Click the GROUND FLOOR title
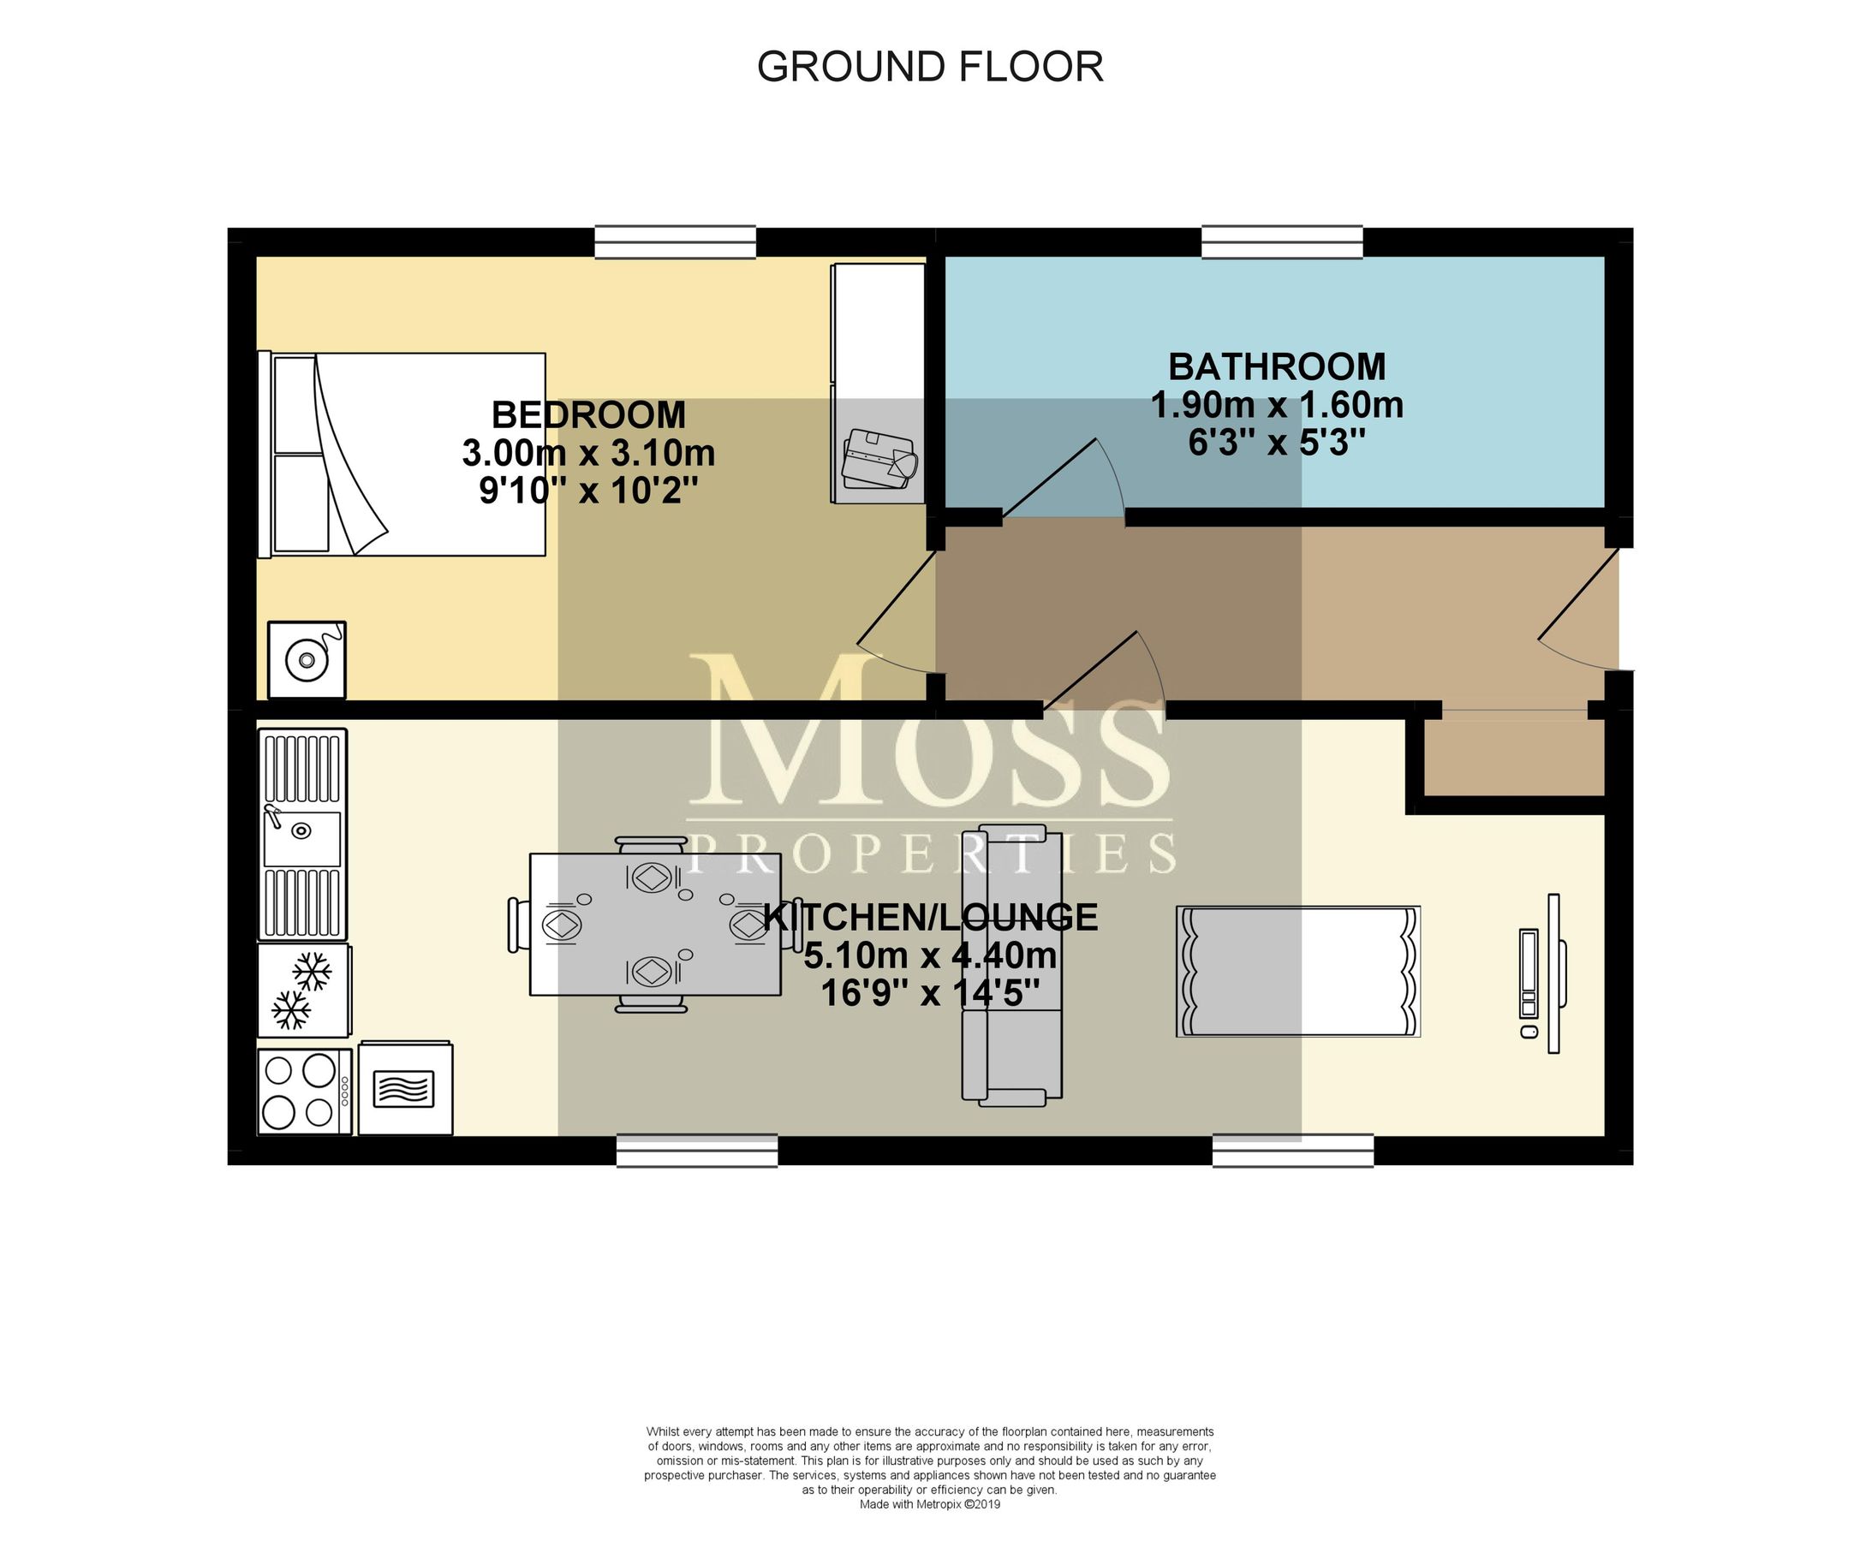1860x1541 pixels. point(929,68)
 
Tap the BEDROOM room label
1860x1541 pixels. point(588,414)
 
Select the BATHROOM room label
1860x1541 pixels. point(1276,366)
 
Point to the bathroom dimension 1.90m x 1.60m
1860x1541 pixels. point(1276,406)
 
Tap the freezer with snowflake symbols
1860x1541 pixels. point(303,991)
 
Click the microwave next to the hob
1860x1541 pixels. point(405,1088)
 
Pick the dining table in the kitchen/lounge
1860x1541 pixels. point(654,924)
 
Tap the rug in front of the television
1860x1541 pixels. point(1297,971)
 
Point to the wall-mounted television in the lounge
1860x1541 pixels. point(1553,973)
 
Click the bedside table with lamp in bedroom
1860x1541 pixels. point(307,660)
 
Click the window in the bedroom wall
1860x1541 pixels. point(675,241)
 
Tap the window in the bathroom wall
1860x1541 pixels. point(1282,241)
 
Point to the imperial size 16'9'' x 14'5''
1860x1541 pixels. point(929,993)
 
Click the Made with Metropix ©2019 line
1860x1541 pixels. point(929,1504)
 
